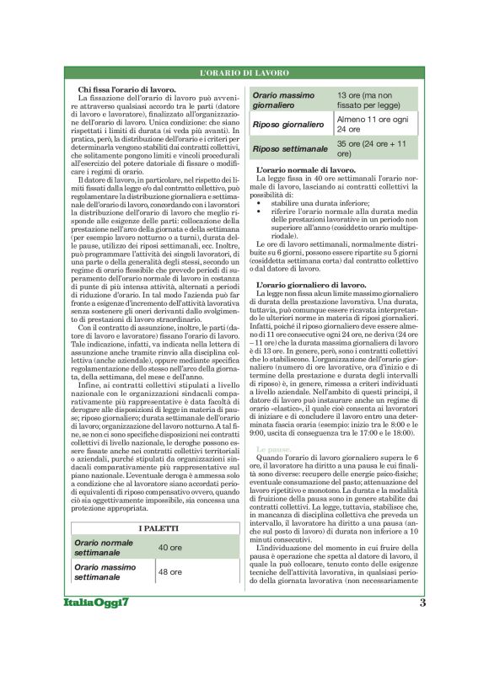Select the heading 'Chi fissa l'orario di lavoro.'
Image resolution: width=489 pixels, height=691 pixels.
[x=127, y=88]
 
